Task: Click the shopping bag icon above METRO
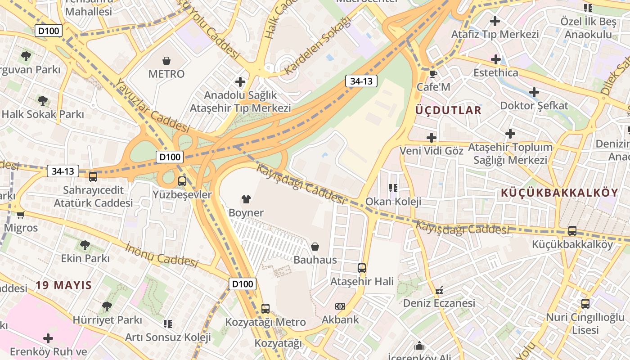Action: (x=166, y=60)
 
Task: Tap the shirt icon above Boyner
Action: (x=246, y=199)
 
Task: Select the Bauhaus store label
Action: (x=315, y=260)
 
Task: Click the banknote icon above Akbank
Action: (x=340, y=306)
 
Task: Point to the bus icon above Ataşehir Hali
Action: (x=362, y=268)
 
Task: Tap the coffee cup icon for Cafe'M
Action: (x=433, y=74)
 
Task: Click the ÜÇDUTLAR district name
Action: (x=448, y=110)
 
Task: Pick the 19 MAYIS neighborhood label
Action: (x=64, y=285)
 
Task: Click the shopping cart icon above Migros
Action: (x=20, y=215)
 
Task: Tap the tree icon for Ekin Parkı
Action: (x=85, y=245)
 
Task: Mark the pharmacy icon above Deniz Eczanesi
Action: (x=439, y=290)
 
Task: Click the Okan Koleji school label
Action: (x=393, y=201)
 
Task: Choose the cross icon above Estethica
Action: (x=495, y=59)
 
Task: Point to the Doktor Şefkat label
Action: (x=534, y=106)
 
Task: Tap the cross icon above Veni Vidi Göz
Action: (x=432, y=137)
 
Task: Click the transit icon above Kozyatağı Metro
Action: (x=265, y=309)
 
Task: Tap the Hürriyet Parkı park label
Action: (x=107, y=320)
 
